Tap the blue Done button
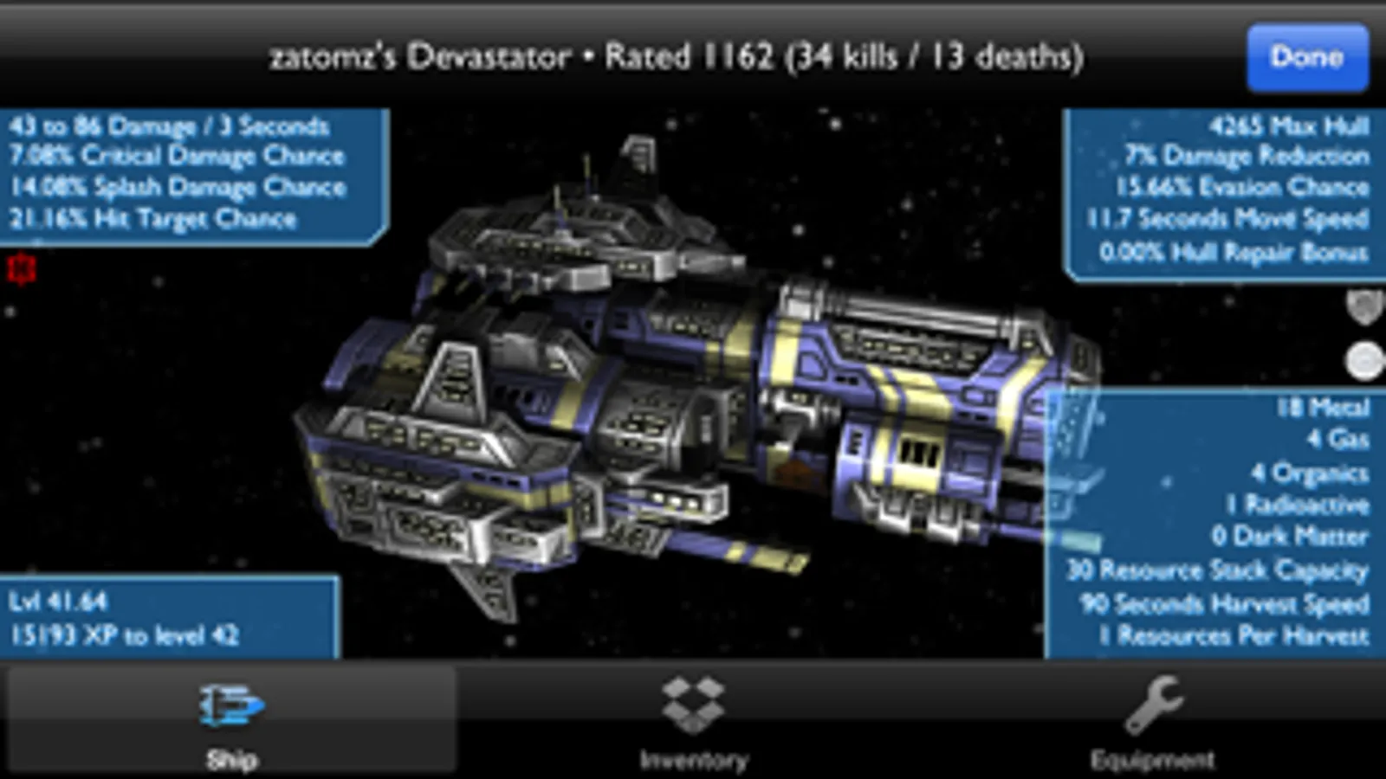coord(1307,57)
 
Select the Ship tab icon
coord(231,705)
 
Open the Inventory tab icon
coord(693,705)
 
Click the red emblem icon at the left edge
coord(22,269)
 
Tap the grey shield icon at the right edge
coord(1365,307)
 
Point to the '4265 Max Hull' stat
coord(1289,126)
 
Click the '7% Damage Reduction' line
coord(1247,156)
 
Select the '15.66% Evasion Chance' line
coord(1242,187)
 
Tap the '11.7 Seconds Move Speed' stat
coord(1227,218)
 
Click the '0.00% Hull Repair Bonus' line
coord(1234,252)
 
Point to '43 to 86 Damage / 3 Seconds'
coord(169,126)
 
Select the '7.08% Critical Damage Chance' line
coord(177,156)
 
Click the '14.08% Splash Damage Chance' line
coord(178,187)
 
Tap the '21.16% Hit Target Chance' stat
coord(152,218)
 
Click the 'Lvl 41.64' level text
coord(58,602)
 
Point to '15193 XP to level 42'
coord(125,635)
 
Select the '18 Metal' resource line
coord(1323,408)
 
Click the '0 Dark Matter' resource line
coord(1290,537)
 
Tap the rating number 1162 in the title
coord(739,57)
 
